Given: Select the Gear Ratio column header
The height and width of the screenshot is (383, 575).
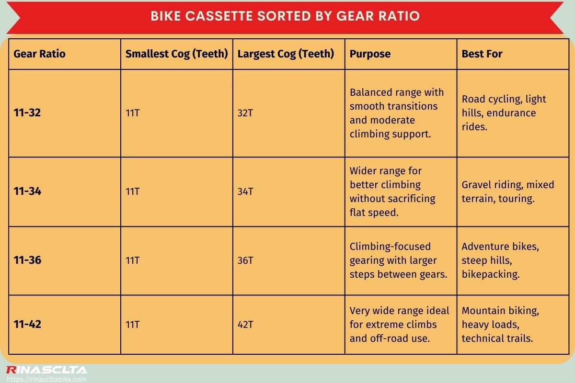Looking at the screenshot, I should (x=39, y=54).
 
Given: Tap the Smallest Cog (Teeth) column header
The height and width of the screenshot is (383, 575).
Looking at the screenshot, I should (x=176, y=54).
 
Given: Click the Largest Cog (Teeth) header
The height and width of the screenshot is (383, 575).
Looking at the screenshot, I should (x=286, y=54).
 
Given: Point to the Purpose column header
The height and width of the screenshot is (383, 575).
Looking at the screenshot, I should (x=370, y=54).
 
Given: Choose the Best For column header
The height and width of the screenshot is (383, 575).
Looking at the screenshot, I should (x=482, y=54).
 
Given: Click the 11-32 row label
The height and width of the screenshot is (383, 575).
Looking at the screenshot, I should (x=27, y=113).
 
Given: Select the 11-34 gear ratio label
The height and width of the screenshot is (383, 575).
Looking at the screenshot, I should (x=27, y=191).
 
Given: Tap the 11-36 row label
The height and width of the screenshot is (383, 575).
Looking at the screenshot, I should (x=27, y=260).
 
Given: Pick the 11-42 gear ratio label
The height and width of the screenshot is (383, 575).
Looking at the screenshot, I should (x=27, y=325).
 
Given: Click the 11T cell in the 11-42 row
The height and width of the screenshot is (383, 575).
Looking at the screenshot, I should (x=132, y=325).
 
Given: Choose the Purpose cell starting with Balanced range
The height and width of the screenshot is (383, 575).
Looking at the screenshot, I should (x=397, y=113).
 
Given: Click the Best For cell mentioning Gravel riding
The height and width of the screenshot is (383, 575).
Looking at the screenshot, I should (x=507, y=191).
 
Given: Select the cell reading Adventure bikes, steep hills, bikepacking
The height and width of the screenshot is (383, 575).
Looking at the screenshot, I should (x=500, y=260).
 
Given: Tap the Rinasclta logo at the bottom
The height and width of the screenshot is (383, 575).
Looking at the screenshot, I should (x=46, y=370).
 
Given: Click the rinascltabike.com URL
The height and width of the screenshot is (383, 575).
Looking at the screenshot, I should (x=46, y=379).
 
